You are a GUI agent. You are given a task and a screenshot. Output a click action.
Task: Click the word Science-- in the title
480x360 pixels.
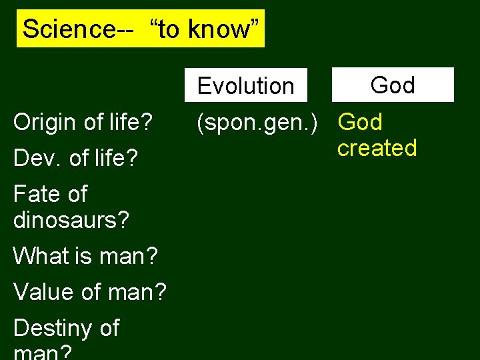click(69, 29)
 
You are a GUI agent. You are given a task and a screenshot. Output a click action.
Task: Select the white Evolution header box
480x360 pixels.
click(246, 85)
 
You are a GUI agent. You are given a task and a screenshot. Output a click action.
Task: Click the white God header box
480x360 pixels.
click(393, 85)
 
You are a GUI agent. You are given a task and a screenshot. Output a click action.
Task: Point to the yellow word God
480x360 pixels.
click(360, 122)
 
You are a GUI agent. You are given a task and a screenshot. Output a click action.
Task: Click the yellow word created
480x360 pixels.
click(377, 147)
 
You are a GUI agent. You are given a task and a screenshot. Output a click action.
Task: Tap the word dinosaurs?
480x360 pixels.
click(71, 219)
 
